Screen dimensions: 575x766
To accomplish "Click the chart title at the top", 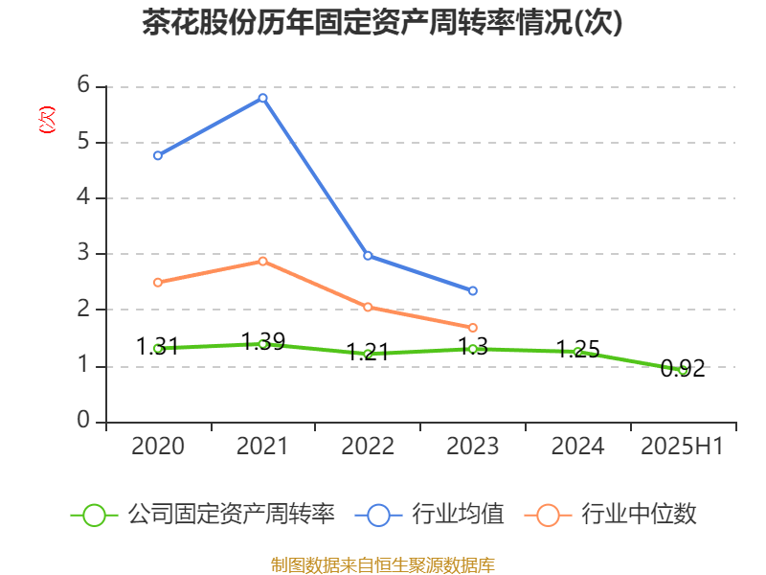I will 382,23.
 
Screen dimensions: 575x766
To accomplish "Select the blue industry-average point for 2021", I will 262,98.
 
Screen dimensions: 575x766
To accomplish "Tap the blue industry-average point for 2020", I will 157,155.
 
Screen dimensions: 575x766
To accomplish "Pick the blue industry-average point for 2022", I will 368,256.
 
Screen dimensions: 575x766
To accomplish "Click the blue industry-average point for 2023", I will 473,290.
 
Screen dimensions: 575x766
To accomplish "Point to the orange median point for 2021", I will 262,261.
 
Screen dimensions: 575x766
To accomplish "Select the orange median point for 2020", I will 157,282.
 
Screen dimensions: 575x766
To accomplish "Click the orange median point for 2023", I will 473,328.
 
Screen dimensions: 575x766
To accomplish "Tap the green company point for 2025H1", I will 683,369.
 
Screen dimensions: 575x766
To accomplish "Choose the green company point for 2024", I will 577,352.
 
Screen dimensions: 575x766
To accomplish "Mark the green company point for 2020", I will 157,348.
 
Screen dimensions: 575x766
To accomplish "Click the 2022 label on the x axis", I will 368,447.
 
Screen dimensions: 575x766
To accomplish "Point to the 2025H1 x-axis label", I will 682,447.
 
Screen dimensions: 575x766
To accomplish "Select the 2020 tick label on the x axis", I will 157,447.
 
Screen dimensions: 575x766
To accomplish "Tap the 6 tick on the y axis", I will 84,85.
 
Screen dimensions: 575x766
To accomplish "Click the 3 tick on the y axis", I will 84,253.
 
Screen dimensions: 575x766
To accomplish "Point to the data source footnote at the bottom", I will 382,564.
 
